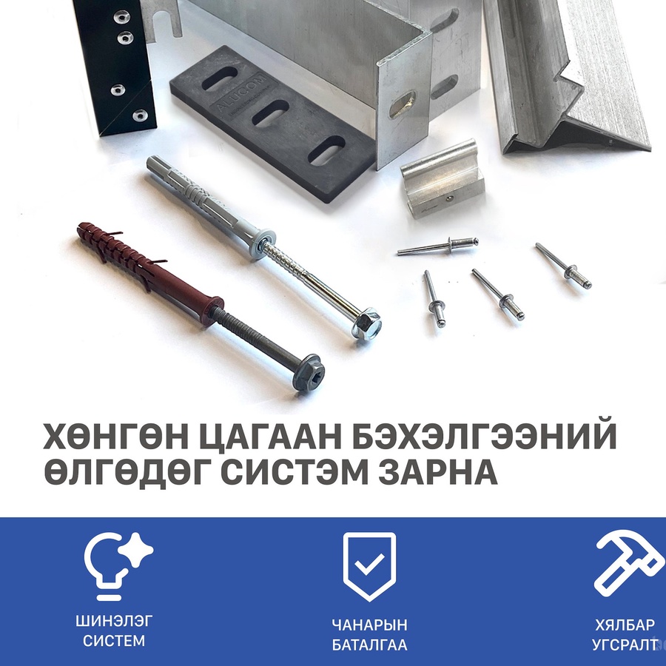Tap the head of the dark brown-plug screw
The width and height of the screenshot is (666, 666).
(x=309, y=372)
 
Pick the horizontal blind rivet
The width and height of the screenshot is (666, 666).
(x=437, y=246)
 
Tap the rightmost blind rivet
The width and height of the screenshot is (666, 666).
(x=563, y=266)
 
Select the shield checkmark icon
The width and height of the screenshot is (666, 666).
(x=369, y=566)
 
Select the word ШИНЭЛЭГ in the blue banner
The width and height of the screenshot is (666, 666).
(x=114, y=622)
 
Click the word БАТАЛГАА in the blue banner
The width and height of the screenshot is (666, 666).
(x=369, y=645)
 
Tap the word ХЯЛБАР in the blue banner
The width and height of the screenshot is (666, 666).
(x=625, y=625)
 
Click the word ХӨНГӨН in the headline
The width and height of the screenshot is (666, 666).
(x=115, y=436)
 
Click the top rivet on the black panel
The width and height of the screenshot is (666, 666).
(x=122, y=16)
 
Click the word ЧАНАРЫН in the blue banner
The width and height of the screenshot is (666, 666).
(x=369, y=625)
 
